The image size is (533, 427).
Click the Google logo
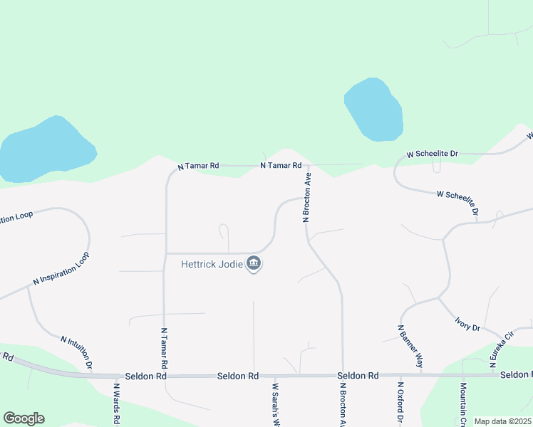tap(24, 418)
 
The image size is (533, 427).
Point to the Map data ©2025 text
tap(502, 421)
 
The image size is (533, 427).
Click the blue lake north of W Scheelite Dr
tap(373, 109)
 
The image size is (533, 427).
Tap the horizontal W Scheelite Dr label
tap(432, 153)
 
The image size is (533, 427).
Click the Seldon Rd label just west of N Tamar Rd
tap(145, 375)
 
